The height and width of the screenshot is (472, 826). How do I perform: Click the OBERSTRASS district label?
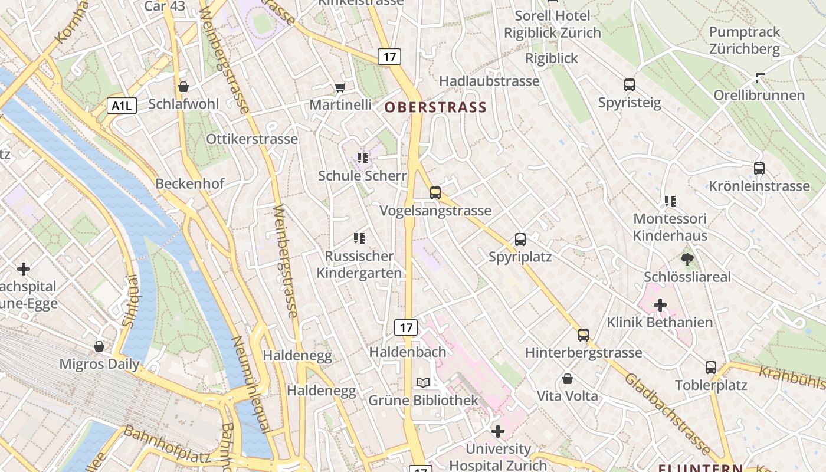click(435, 107)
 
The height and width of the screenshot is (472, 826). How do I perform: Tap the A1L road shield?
click(122, 106)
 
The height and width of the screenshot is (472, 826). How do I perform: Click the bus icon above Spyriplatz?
click(520, 240)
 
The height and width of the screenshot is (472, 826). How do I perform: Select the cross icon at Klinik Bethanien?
click(660, 305)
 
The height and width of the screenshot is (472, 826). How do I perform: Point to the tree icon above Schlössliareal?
click(687, 259)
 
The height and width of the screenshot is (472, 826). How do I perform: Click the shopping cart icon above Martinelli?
click(340, 88)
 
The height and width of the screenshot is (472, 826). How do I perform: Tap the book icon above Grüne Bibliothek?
click(422, 383)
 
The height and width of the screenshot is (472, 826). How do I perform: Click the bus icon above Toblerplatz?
click(711, 368)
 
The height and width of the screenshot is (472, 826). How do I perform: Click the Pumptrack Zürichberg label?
click(745, 40)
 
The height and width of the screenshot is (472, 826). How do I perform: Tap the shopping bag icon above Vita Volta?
click(568, 378)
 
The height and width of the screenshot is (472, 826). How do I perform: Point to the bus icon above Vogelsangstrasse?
click(435, 193)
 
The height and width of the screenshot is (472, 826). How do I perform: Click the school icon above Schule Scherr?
click(362, 158)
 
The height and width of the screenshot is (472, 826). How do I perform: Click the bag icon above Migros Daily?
click(99, 346)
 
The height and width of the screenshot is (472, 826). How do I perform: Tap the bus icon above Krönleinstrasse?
click(759, 169)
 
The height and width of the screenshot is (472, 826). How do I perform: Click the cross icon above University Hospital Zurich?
click(498, 431)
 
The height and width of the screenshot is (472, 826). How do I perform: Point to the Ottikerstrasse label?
click(252, 139)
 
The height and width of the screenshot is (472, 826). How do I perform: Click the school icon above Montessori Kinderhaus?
click(670, 201)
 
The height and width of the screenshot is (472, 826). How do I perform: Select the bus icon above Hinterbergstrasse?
click(584, 335)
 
